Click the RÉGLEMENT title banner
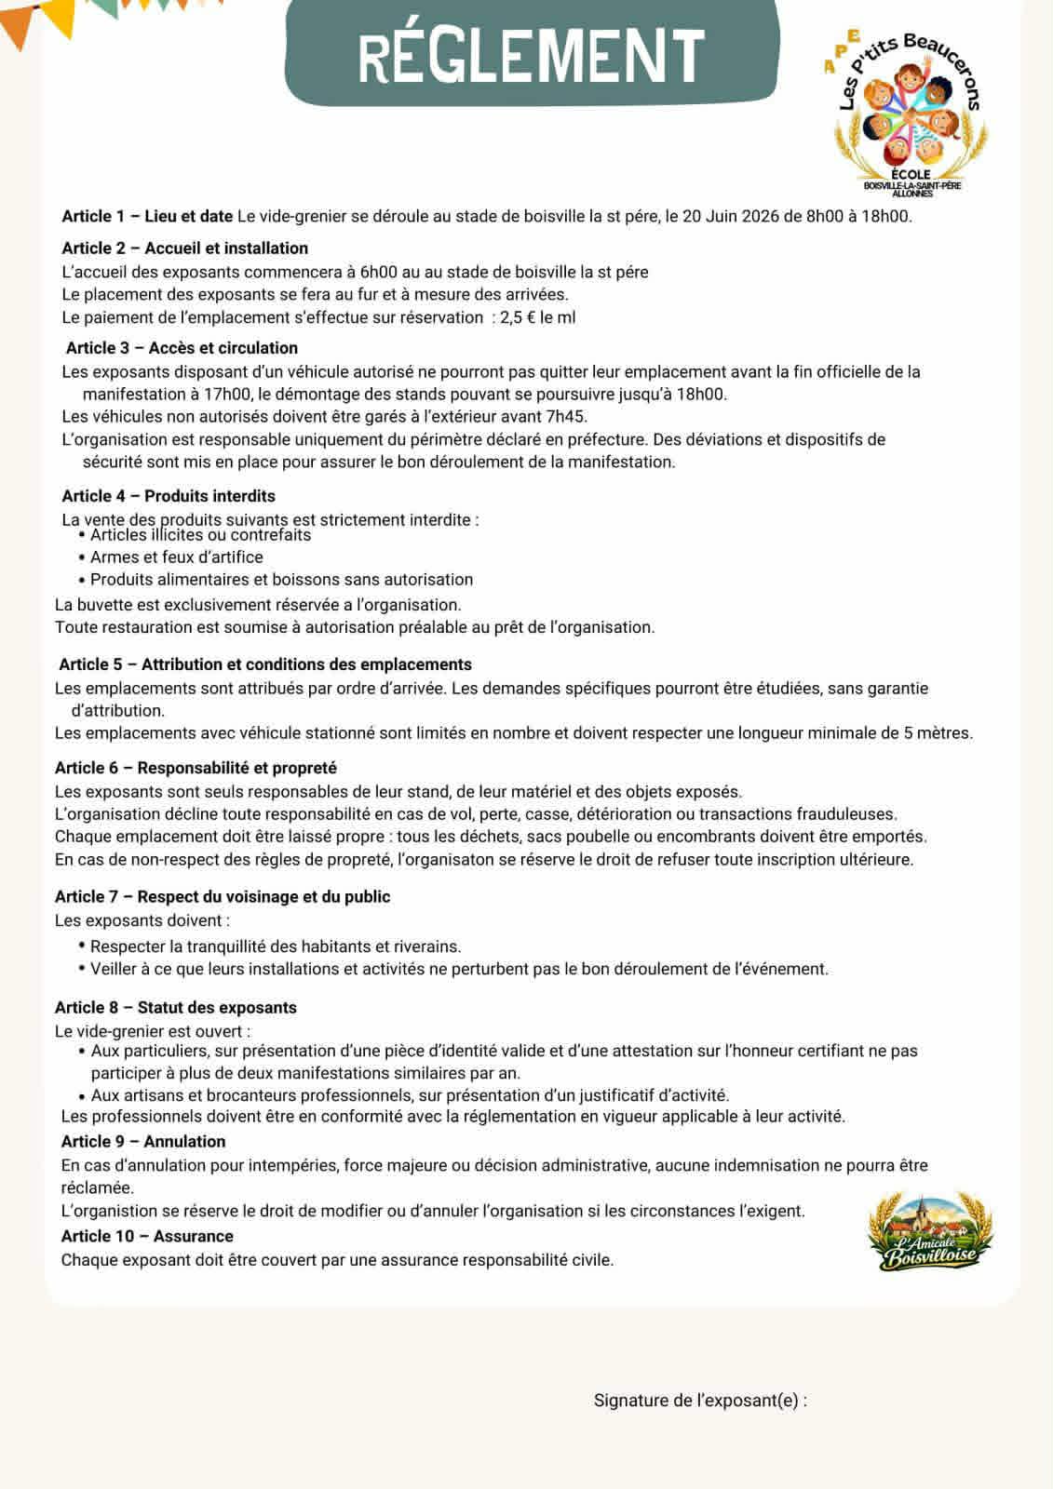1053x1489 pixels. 531,53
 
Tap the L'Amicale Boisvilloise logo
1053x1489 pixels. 930,1233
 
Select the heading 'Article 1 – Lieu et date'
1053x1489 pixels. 147,217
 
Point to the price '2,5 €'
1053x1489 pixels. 518,317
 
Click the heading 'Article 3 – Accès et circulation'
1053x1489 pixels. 182,348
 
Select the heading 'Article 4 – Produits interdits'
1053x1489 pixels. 169,496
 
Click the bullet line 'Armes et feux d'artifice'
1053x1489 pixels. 176,557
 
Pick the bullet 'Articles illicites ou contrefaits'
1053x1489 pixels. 200,535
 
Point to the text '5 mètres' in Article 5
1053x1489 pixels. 938,733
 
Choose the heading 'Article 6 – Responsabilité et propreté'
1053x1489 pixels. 196,768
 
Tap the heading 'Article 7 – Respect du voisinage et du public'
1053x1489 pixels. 223,896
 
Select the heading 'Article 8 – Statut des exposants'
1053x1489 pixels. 176,1007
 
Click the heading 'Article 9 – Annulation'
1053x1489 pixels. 143,1141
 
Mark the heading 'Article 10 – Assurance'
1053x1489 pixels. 147,1236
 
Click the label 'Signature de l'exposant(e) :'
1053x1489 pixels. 700,1401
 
